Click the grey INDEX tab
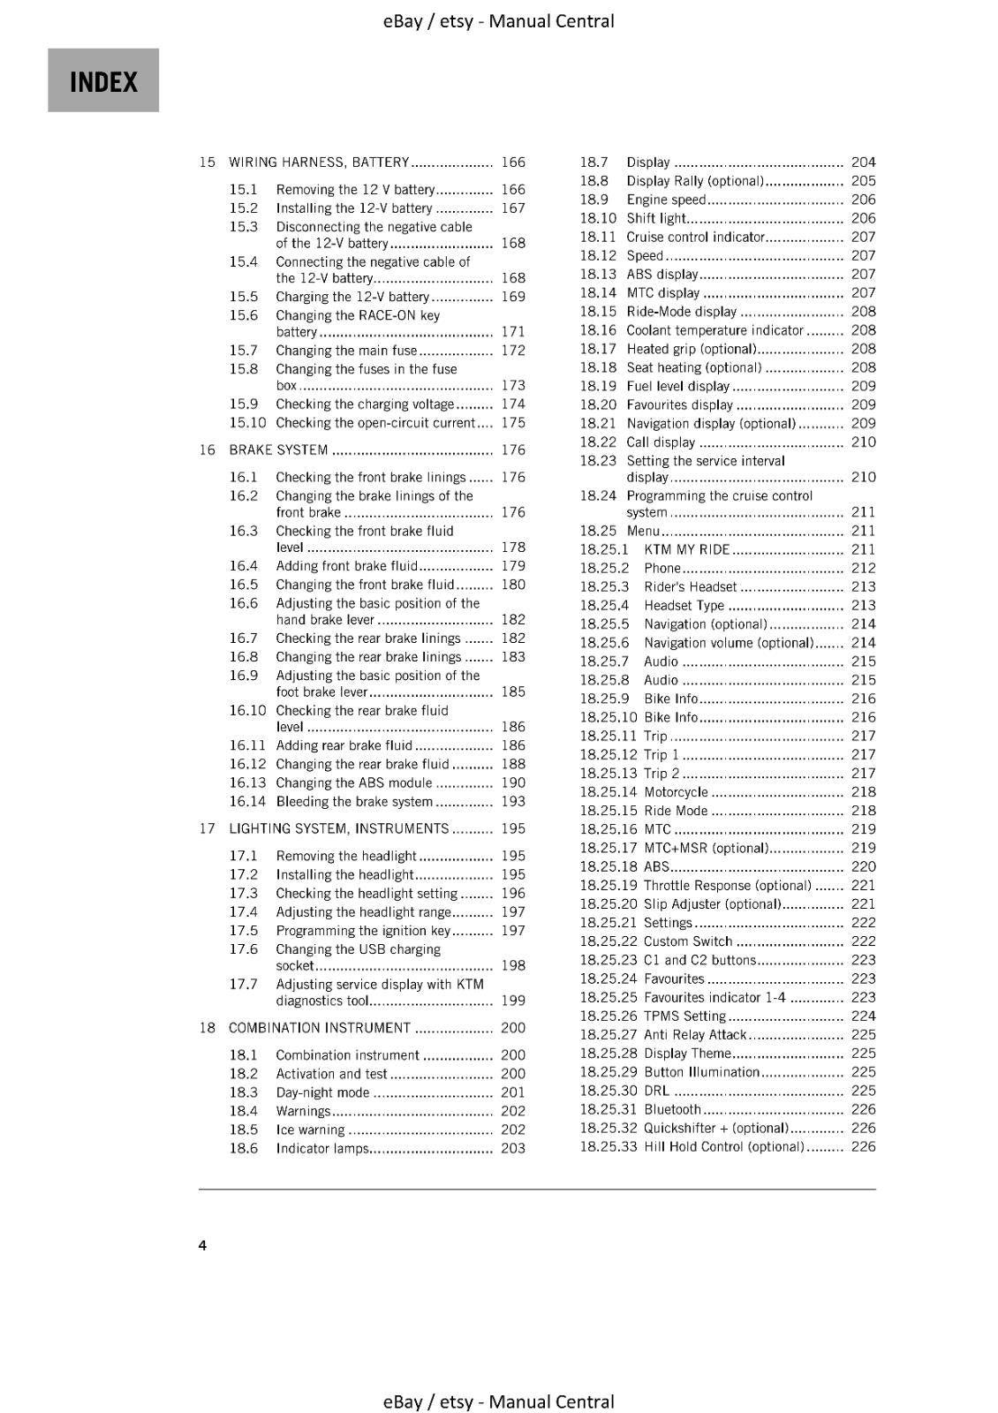tap(103, 80)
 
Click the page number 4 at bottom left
tap(202, 1245)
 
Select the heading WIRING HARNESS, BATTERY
tap(319, 162)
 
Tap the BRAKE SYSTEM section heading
tap(278, 450)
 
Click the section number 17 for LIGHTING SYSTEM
tap(207, 828)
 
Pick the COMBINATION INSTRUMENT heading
tap(319, 1028)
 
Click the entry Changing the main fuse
tap(346, 351)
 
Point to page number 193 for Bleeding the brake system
tap(512, 802)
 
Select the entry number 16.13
tap(247, 783)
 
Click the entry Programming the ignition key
tap(363, 931)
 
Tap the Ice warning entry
tap(310, 1130)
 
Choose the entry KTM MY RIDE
tap(686, 549)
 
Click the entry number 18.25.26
tap(608, 1016)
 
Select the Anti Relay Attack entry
tap(695, 1035)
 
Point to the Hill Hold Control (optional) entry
tap(723, 1147)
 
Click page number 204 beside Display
tap(863, 162)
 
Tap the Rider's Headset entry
tap(690, 587)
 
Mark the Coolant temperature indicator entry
tap(714, 330)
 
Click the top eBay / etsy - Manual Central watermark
tap(499, 20)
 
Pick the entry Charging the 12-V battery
tap(352, 297)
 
